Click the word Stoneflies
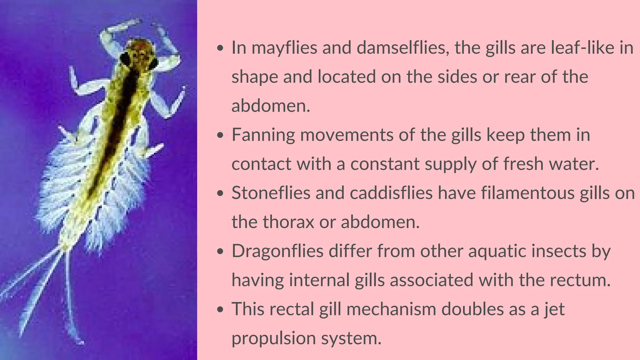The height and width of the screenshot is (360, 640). (271, 193)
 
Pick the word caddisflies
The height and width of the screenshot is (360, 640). (391, 193)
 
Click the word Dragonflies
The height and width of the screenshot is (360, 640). (277, 251)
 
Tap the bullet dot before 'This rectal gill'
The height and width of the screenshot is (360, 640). (221, 309)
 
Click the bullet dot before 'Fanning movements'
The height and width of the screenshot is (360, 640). (221, 135)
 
